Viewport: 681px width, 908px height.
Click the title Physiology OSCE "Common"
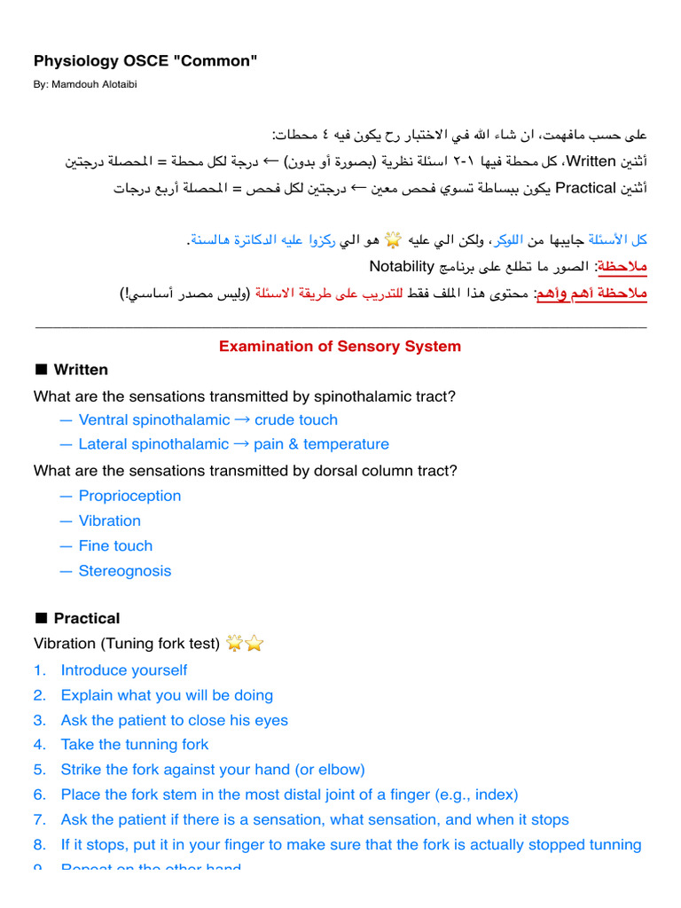pyautogui.click(x=145, y=60)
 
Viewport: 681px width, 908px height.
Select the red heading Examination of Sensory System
pyautogui.click(x=340, y=347)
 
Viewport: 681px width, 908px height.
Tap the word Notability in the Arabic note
pyautogui.click(x=402, y=266)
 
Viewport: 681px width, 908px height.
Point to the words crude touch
pyautogui.click(x=296, y=420)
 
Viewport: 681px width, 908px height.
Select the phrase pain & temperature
pyautogui.click(x=321, y=444)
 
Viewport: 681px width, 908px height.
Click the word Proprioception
pyautogui.click(x=129, y=496)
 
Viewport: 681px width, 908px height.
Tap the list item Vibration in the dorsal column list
pyautogui.click(x=109, y=521)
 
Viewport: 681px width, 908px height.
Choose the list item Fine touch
pyautogui.click(x=115, y=546)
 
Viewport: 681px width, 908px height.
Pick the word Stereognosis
pyautogui.click(x=125, y=571)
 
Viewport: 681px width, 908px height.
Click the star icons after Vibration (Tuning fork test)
pyautogui.click(x=245, y=644)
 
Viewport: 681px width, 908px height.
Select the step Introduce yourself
pyautogui.click(x=124, y=670)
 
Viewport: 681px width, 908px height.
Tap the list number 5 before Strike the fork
pyautogui.click(x=40, y=770)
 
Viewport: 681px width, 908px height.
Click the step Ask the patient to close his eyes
pyautogui.click(x=175, y=720)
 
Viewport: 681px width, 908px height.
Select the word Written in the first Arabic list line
pyautogui.click(x=591, y=162)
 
